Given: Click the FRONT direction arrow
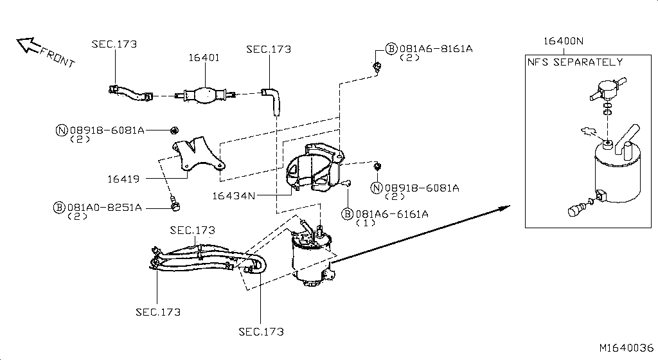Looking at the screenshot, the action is click(28, 44).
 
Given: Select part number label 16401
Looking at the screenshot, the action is click(204, 57).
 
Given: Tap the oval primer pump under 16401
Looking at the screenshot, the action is click(205, 96).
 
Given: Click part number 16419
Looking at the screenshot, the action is click(123, 179).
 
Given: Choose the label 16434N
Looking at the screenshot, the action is click(234, 195).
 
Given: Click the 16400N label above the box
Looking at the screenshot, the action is click(563, 40).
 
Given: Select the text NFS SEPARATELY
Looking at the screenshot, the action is click(575, 62).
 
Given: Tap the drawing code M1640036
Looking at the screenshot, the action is click(626, 348).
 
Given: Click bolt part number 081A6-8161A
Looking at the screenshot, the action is click(436, 49).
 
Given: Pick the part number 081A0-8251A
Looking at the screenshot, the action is click(105, 208).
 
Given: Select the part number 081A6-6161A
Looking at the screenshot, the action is click(392, 214).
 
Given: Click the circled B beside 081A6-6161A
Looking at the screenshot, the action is click(347, 214).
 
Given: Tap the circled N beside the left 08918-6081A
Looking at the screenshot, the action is click(61, 130).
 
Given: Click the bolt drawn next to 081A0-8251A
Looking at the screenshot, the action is click(175, 204).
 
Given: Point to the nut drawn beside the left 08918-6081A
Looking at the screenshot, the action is click(173, 130).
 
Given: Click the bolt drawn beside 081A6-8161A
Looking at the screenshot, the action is click(377, 67).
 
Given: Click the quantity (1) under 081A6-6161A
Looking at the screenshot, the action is click(366, 223).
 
